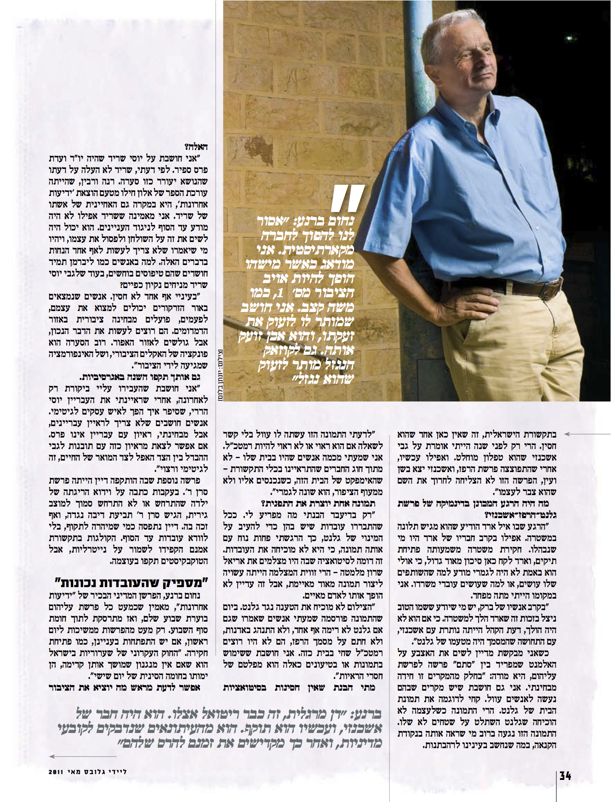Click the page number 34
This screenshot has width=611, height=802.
[565, 776]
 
